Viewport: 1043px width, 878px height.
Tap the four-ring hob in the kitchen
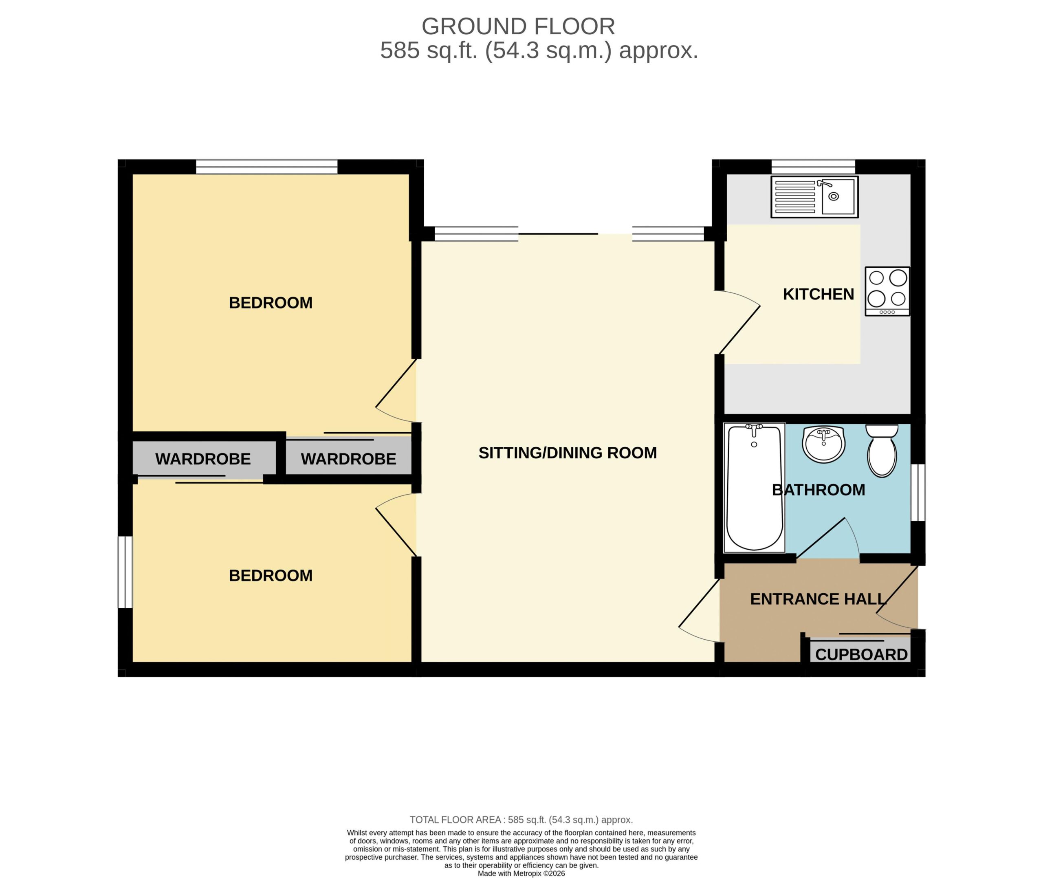[x=887, y=291]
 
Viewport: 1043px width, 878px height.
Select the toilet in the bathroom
[x=882, y=451]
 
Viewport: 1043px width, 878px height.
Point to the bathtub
[x=755, y=488]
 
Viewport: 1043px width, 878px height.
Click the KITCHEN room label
[x=819, y=294]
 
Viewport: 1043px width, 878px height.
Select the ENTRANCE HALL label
[x=818, y=599]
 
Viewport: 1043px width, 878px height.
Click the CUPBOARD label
[x=861, y=654]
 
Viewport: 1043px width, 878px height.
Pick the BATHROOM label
[x=819, y=490]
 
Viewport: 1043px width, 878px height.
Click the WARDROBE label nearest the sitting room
[x=348, y=459]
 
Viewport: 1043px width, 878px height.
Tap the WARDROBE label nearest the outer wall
[x=203, y=459]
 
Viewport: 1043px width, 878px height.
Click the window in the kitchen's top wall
[x=813, y=167]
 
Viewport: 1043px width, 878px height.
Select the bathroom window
[x=918, y=493]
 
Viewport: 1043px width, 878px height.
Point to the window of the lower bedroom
[x=125, y=572]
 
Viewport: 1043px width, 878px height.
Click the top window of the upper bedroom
[x=267, y=167]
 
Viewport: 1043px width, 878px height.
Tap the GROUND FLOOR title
[x=518, y=26]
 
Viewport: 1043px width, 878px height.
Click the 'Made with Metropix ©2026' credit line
[x=521, y=873]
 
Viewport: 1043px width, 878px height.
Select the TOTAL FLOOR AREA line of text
[x=521, y=820]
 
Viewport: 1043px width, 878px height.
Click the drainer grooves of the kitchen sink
[x=795, y=197]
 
